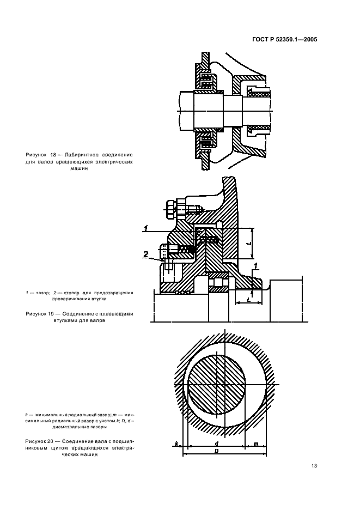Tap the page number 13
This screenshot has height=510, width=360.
click(x=314, y=466)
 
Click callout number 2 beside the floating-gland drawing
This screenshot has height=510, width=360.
click(x=146, y=253)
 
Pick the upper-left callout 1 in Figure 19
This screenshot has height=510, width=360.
click(x=146, y=227)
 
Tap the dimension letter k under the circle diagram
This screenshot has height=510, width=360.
click(x=177, y=445)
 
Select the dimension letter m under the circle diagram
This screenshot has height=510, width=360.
click(x=255, y=445)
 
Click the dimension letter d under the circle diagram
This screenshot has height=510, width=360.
click(x=216, y=444)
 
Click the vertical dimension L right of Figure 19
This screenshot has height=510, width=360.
click(x=248, y=244)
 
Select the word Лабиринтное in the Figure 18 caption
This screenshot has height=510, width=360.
click(x=81, y=155)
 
